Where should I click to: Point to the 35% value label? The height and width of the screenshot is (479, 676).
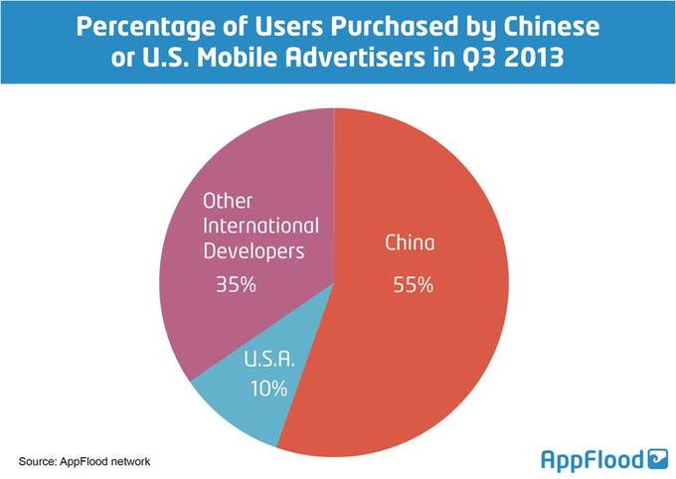237,285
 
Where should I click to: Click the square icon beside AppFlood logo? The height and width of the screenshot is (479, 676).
657,457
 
